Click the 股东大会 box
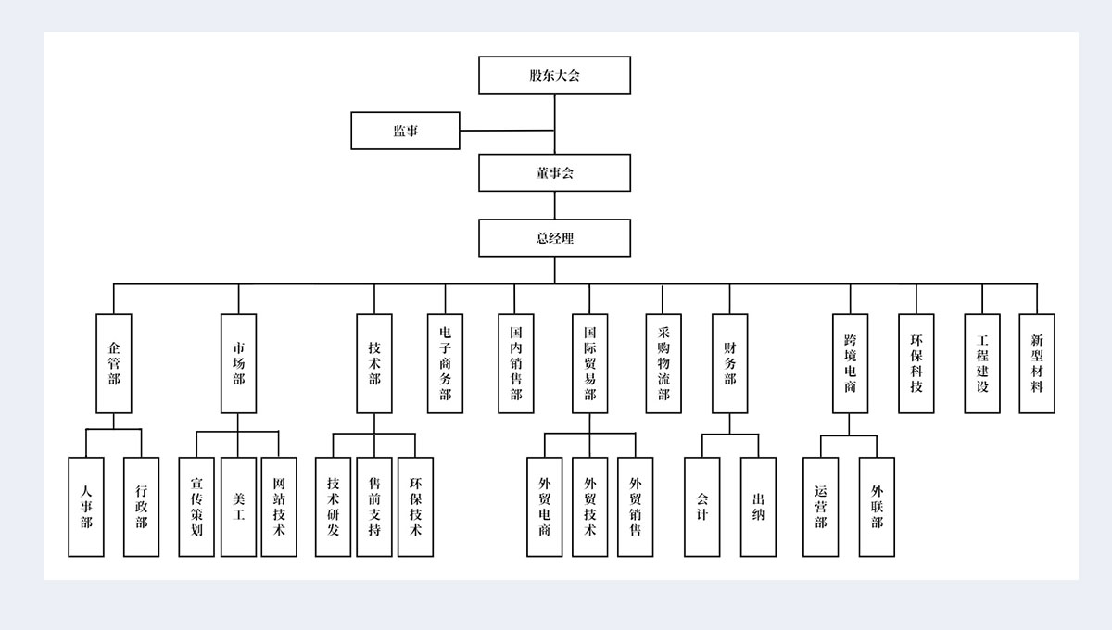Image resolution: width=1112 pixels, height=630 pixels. [554, 75]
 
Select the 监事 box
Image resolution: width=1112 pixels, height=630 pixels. [405, 131]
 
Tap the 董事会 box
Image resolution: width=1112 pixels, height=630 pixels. [554, 172]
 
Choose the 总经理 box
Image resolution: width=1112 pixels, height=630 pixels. [554, 238]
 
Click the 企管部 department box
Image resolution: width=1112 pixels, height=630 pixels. [114, 363]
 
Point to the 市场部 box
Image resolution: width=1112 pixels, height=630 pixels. [238, 363]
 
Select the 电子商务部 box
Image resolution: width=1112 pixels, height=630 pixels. [445, 363]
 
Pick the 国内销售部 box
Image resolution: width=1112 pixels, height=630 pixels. [516, 363]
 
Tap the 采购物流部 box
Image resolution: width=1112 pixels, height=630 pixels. [663, 363]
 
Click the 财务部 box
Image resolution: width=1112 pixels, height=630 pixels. [729, 363]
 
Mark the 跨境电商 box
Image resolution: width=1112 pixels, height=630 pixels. [850, 363]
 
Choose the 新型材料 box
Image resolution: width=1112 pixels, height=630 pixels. [1037, 363]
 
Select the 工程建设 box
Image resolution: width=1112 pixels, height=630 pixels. [982, 363]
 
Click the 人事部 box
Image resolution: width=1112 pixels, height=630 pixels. [86, 507]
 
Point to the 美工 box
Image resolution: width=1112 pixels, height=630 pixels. [238, 507]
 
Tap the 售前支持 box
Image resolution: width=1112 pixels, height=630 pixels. [374, 507]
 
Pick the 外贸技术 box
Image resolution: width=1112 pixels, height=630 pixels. [589, 507]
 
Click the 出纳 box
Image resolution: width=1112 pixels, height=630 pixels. [758, 507]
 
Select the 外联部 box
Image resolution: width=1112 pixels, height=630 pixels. [877, 507]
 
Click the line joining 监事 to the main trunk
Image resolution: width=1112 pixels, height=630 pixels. [507, 131]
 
